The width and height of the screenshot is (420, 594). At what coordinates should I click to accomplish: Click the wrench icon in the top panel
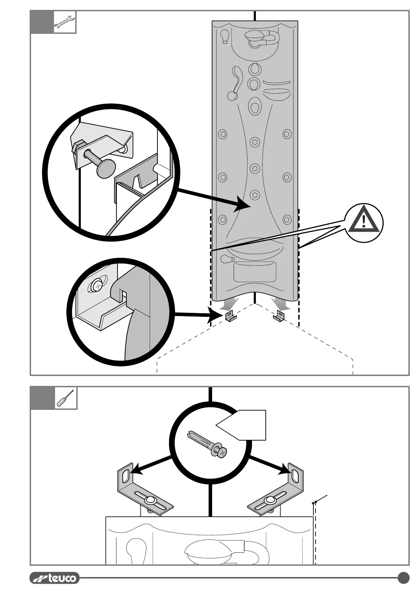65,23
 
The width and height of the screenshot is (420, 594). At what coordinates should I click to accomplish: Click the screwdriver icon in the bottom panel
66,398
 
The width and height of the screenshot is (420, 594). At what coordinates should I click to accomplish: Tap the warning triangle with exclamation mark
364,223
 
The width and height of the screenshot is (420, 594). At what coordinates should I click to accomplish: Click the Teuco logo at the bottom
54,578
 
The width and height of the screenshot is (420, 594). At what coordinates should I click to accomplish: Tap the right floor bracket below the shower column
279,316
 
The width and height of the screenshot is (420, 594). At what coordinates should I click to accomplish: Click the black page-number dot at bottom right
403,578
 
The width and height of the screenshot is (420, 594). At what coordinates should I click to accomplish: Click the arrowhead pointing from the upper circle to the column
244,205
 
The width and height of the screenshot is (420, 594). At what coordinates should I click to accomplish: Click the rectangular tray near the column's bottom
254,272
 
